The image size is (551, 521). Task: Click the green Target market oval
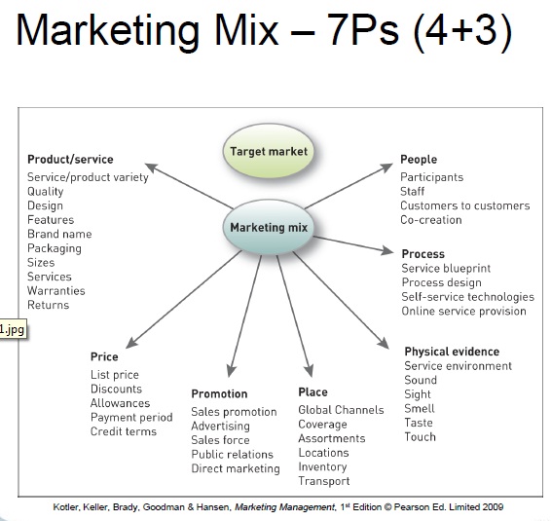tap(269, 151)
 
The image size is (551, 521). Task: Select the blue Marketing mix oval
tap(269, 227)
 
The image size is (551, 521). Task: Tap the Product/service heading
tap(70, 160)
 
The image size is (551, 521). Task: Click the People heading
tap(419, 160)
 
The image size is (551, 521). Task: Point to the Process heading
tap(423, 254)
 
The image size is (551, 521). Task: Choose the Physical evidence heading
tap(452, 352)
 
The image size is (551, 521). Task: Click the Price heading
tap(104, 356)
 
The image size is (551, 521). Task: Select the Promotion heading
tap(219, 393)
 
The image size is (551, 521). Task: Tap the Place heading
tap(312, 391)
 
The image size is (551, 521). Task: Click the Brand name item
tap(59, 234)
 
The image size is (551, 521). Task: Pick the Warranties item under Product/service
tap(56, 291)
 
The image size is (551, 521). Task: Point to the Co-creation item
tap(431, 220)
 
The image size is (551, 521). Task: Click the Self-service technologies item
tap(468, 297)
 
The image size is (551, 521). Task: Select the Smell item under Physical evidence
tap(420, 408)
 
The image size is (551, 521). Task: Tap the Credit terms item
tap(124, 431)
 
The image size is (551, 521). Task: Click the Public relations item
tap(233, 454)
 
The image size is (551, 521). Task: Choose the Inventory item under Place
tap(322, 466)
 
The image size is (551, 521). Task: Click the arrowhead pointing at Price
tap(131, 342)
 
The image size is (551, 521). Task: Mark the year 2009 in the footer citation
tap(493, 507)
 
